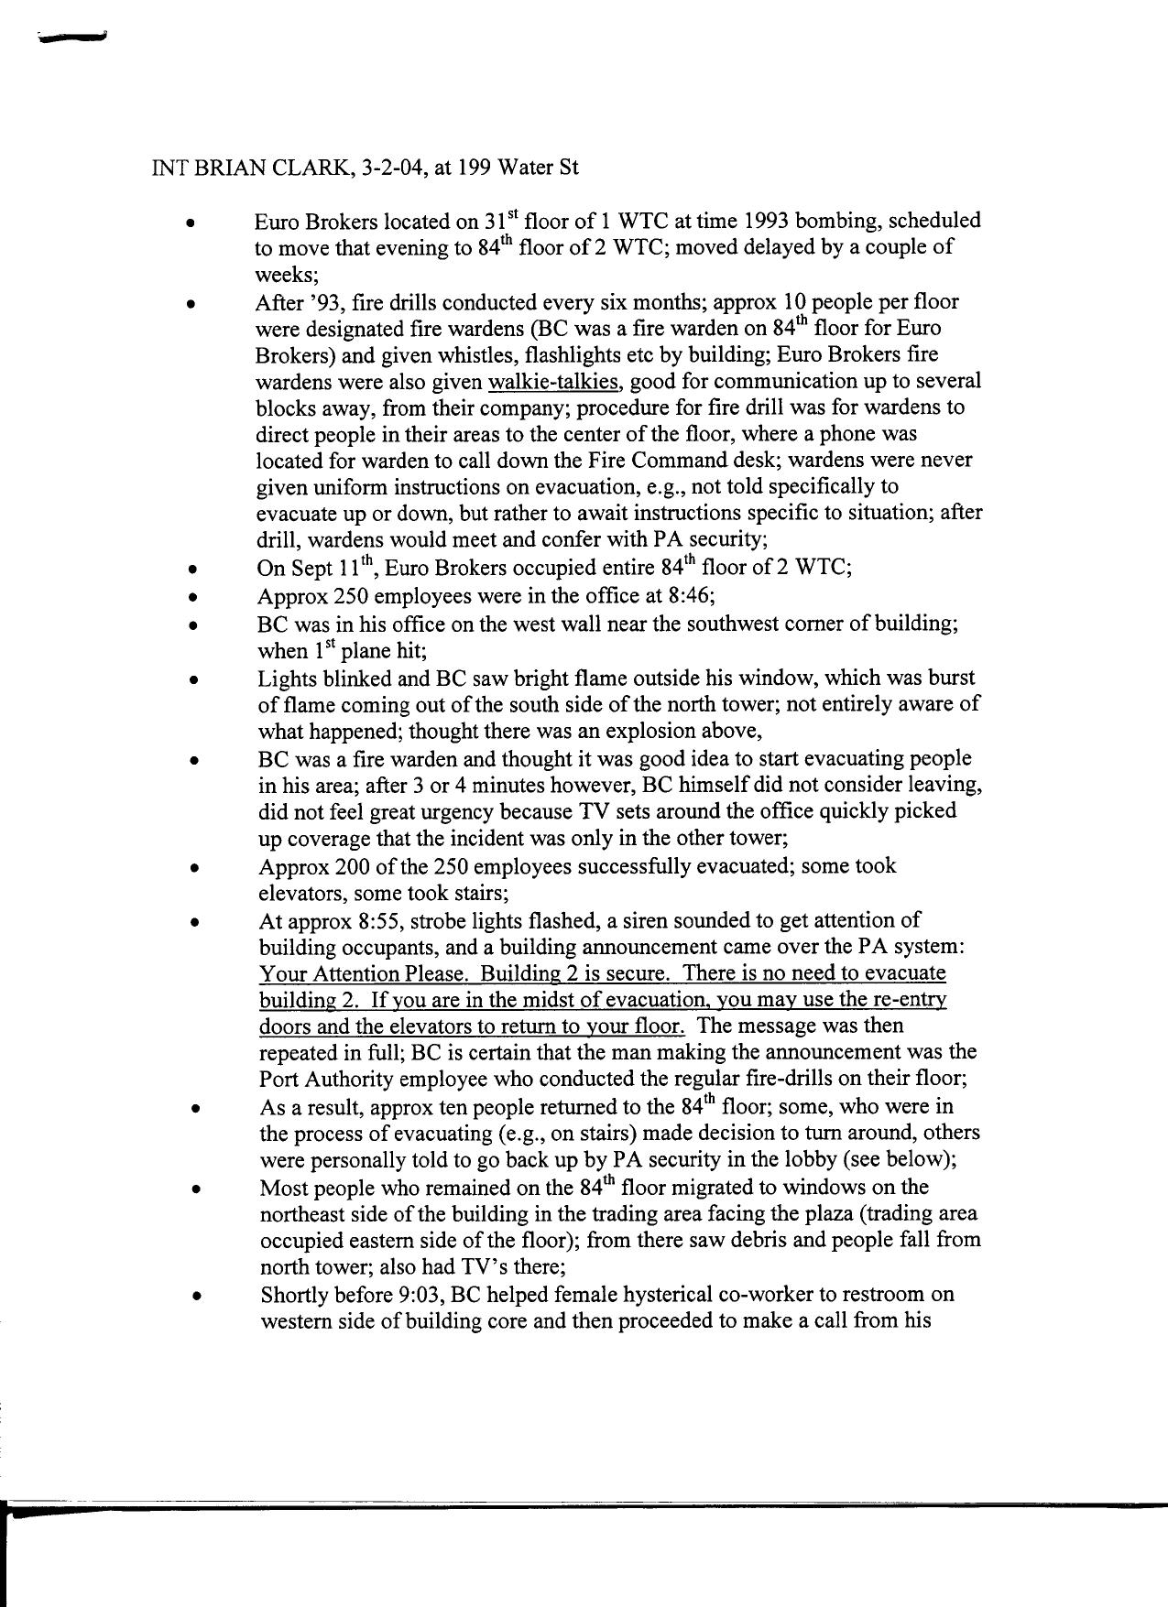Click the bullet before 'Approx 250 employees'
pyautogui.click(x=193, y=598)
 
